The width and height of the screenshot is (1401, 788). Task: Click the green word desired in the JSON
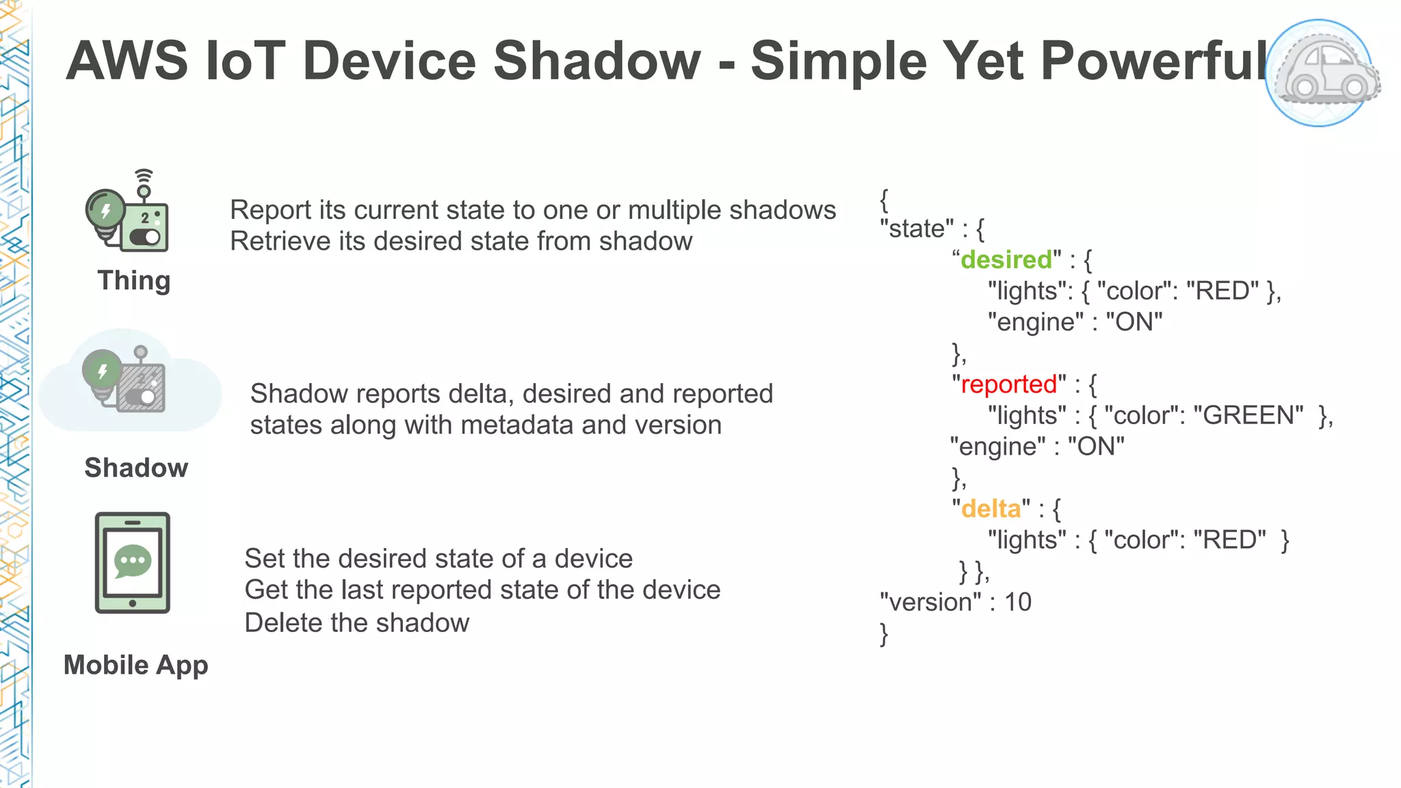(1006, 260)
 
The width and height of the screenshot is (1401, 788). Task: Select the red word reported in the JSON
(1009, 384)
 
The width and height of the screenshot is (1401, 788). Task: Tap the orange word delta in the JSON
(991, 509)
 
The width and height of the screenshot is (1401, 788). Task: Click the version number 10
(1017, 602)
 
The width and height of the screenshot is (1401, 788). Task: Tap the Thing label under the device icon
(134, 280)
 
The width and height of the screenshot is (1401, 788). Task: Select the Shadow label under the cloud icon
(136, 468)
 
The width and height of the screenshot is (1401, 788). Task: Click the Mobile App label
(135, 665)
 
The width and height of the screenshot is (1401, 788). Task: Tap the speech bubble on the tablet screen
(132, 561)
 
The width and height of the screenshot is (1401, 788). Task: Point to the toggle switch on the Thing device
(144, 237)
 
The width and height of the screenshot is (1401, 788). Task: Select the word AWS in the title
(127, 60)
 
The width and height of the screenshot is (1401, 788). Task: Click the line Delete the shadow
(356, 622)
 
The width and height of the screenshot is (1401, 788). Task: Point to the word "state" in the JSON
(917, 228)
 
